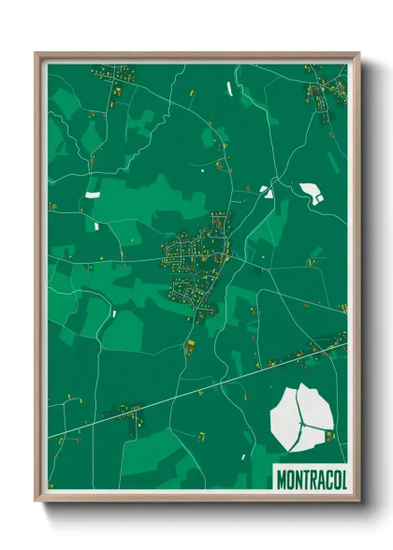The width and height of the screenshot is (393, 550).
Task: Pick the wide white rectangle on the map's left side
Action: pos(93,194)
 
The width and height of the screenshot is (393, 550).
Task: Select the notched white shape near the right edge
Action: pos(311,194)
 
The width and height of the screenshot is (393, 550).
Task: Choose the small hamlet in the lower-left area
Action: pos(126,412)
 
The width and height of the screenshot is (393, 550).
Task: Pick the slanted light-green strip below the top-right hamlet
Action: pos(327,140)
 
